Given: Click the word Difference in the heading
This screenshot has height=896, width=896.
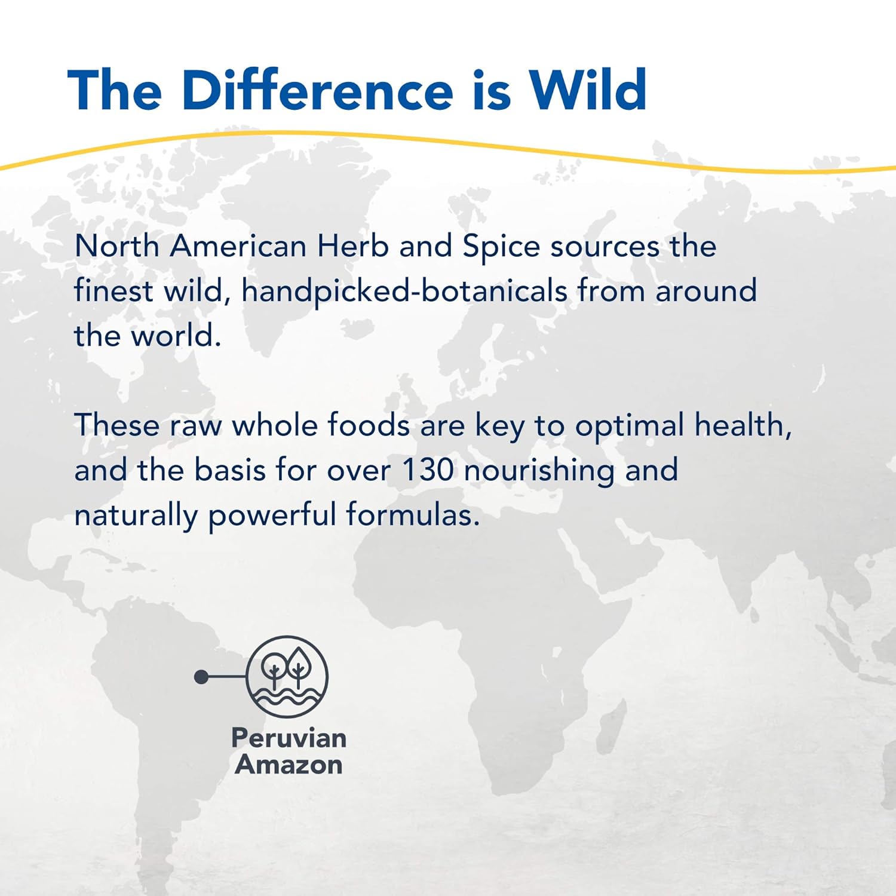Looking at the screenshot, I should (x=317, y=91).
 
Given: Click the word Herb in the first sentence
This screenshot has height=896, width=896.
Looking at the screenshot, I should (x=352, y=246).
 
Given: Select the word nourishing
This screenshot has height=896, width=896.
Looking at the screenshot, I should (x=539, y=471).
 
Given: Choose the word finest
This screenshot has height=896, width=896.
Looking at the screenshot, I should (x=113, y=291).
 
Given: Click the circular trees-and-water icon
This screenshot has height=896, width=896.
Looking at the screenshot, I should (x=287, y=676).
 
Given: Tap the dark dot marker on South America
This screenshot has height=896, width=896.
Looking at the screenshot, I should (x=201, y=677).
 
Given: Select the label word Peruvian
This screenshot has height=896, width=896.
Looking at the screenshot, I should (x=289, y=738).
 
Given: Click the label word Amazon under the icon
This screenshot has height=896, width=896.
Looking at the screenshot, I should (x=289, y=765).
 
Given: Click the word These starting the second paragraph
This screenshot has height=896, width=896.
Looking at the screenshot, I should (x=117, y=425).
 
